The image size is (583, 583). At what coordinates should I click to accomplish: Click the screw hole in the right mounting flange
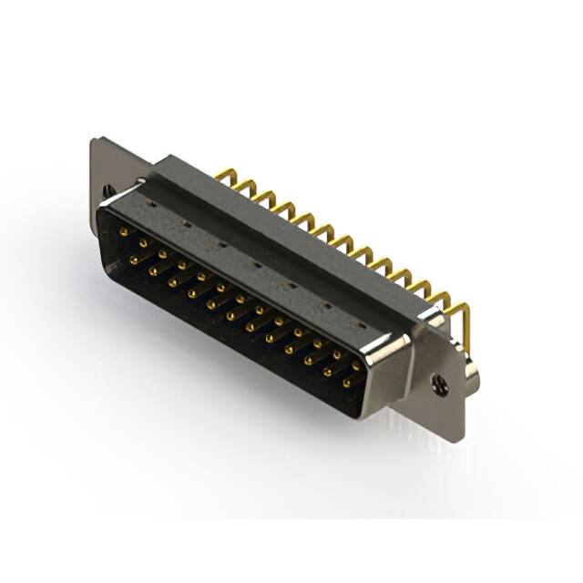click(441, 385)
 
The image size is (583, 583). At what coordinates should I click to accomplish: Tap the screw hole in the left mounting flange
click(109, 192)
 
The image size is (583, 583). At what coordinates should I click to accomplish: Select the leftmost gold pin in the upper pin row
click(123, 233)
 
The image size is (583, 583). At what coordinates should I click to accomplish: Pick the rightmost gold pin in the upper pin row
click(356, 366)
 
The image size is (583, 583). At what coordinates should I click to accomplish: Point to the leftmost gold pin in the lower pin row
click(133, 261)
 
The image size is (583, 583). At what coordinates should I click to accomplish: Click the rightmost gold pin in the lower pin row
click(346, 384)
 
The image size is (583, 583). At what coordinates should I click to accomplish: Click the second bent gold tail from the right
click(444, 303)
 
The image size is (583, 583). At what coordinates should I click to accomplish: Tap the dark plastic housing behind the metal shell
click(273, 228)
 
